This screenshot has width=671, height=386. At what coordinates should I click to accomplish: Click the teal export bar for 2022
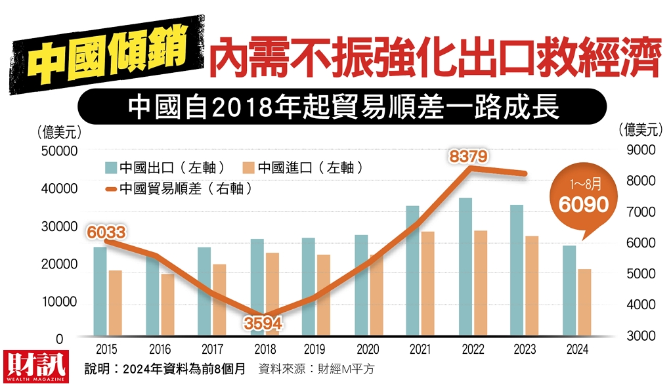(465, 267)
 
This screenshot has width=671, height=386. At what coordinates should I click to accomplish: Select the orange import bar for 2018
(272, 294)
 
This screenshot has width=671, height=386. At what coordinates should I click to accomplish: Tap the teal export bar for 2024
(569, 291)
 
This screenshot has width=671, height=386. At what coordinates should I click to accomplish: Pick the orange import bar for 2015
(115, 303)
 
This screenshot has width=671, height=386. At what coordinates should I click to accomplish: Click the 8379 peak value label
(468, 156)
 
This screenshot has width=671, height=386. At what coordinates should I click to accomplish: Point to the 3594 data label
(263, 323)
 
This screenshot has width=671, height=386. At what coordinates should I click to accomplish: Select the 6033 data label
(106, 232)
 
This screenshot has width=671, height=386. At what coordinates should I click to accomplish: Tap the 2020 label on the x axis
(368, 350)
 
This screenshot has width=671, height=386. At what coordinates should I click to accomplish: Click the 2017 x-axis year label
(212, 350)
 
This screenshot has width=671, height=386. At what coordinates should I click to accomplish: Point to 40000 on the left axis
(60, 188)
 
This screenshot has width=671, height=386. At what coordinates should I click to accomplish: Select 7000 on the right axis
(641, 212)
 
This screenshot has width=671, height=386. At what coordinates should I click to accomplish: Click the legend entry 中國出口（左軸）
(165, 168)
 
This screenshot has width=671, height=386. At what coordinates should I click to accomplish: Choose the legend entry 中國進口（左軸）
(303, 168)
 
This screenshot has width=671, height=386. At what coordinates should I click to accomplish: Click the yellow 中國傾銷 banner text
(108, 54)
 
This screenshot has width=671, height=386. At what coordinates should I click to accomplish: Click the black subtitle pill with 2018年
(342, 106)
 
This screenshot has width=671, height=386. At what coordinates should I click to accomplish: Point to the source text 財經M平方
(346, 369)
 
